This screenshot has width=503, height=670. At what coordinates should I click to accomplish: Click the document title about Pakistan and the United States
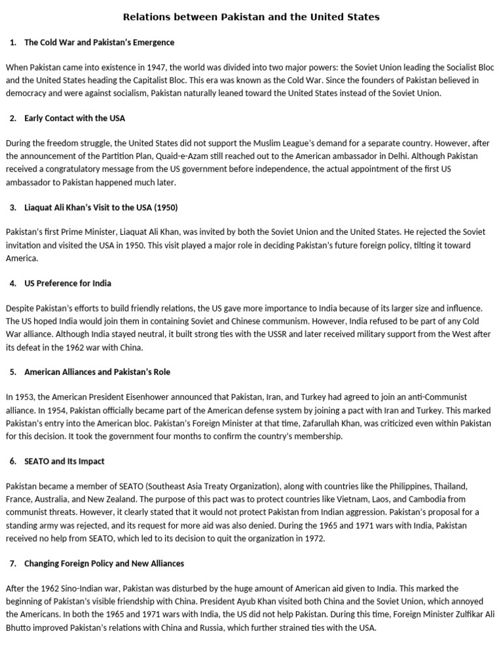tap(251, 17)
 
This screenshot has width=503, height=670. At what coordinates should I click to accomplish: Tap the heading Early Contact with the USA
tap(75, 118)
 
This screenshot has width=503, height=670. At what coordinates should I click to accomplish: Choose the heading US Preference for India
tap(67, 283)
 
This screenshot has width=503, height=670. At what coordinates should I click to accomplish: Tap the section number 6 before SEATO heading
tap(13, 461)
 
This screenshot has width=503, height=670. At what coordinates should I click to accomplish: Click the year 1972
tap(313, 538)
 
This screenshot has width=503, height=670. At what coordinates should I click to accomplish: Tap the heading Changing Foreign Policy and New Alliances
tap(104, 563)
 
